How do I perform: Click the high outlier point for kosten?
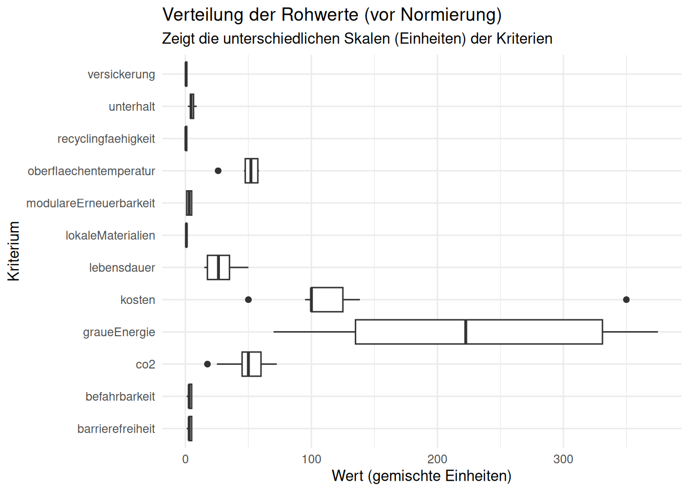[626, 300]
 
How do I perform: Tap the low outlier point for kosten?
[248, 300]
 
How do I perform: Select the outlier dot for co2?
[207, 364]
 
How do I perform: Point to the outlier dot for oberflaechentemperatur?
[218, 171]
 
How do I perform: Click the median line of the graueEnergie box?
[465, 332]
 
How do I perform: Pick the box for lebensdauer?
[218, 268]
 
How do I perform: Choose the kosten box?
[327, 300]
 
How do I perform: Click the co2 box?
[251, 364]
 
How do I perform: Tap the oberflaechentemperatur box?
[251, 171]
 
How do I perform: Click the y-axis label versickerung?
[121, 74]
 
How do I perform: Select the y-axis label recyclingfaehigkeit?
[106, 139]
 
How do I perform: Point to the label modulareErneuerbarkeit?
[91, 203]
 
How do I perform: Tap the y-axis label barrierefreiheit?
[116, 429]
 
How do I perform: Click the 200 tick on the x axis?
[437, 459]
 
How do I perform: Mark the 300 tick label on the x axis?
[563, 459]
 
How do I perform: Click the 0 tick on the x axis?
[186, 459]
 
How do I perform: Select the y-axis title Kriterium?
[14, 251]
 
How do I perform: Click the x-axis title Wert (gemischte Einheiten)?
[421, 476]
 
